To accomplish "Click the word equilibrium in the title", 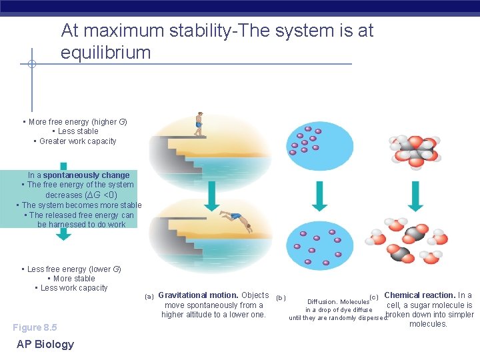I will [105, 53].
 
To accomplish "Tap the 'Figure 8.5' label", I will [35, 327].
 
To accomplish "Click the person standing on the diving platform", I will [198, 124].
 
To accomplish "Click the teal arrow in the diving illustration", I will [211, 195].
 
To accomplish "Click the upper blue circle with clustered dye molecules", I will [310, 145].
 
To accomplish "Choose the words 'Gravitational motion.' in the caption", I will [198, 295].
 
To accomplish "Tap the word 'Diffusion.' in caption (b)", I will [322, 301].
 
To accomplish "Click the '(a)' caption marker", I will [149, 296].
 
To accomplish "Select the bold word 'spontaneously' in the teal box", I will [87, 175].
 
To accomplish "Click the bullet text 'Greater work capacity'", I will [77, 141].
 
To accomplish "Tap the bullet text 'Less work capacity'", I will [74, 288].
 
